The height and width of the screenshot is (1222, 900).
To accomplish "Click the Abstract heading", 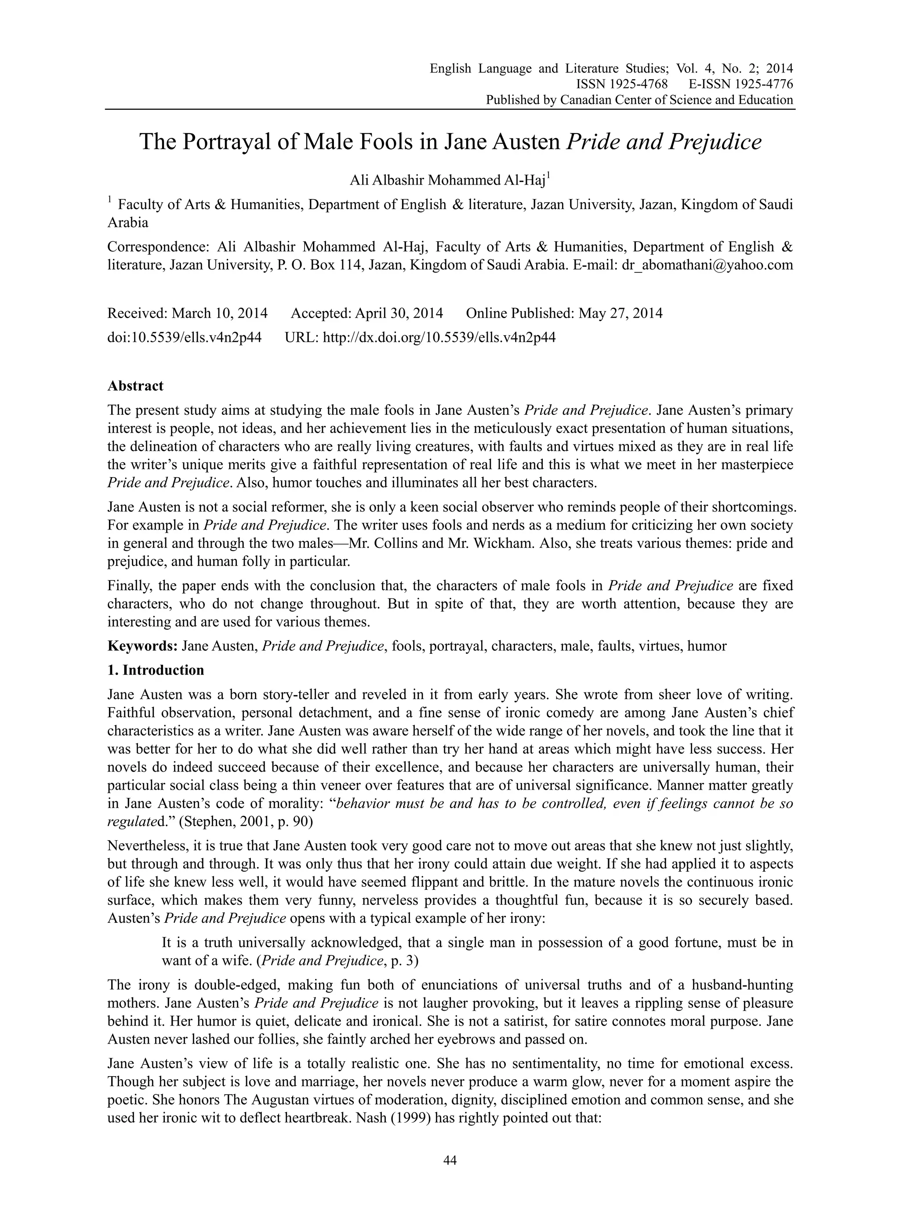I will (x=135, y=386).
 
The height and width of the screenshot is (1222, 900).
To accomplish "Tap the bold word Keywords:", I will (x=143, y=646).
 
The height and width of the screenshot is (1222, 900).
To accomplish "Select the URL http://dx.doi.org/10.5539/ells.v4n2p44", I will (x=439, y=337).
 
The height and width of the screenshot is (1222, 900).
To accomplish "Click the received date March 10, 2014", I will (x=220, y=313).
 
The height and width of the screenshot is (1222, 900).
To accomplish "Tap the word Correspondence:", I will (x=159, y=247).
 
